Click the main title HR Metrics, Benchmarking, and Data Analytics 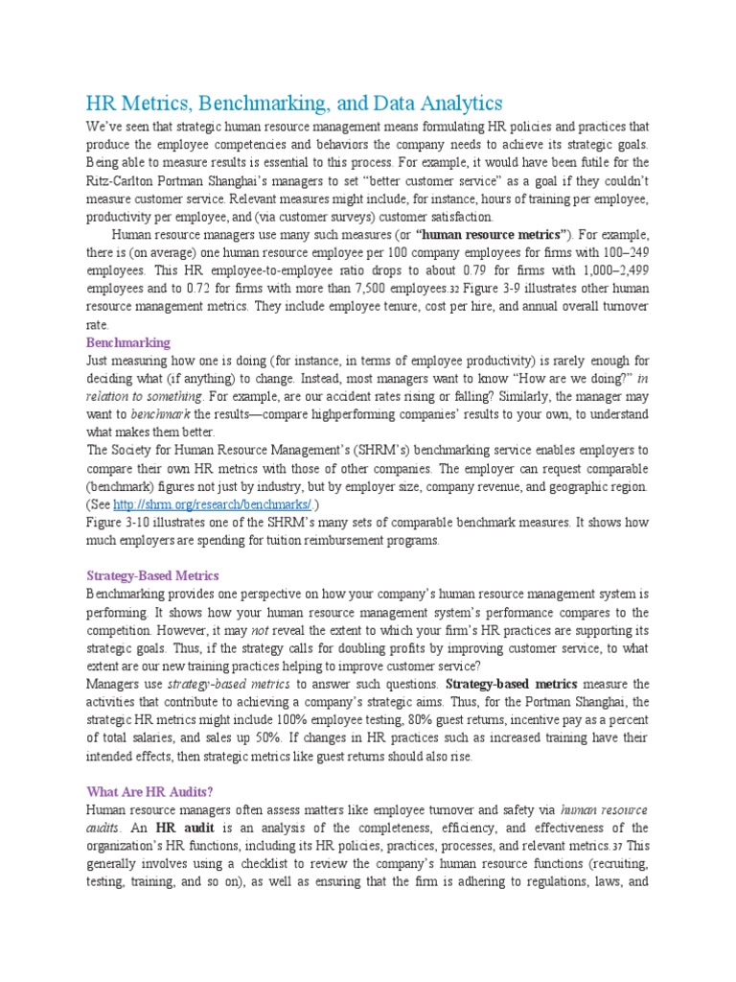tap(294, 103)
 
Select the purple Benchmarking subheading tap(128, 342)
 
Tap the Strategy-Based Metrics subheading tap(152, 575)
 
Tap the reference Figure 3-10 tap(119, 523)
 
